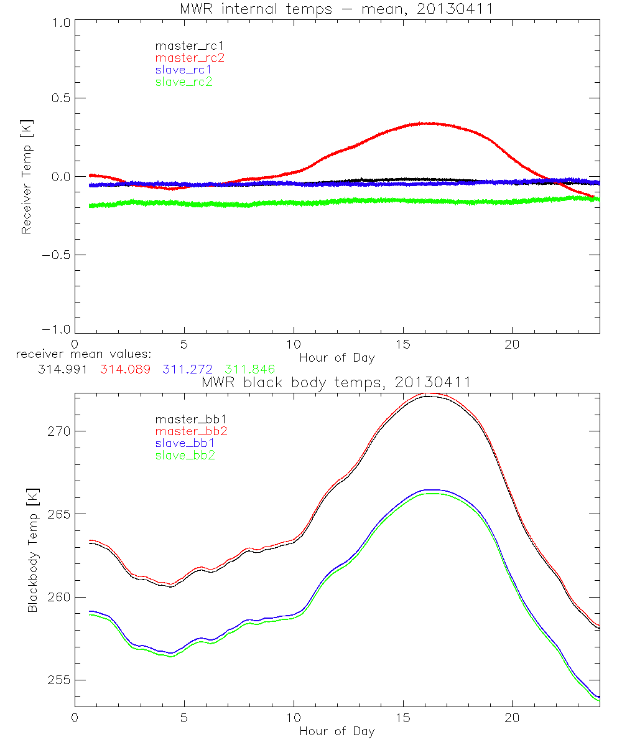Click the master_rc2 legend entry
(x=190, y=57)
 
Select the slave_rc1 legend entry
(x=183, y=69)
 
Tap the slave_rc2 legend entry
(x=183, y=81)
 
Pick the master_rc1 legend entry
(x=190, y=45)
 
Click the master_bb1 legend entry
(x=190, y=420)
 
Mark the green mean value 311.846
(x=250, y=369)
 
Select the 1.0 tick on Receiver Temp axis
(x=61, y=21)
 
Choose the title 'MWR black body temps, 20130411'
(x=337, y=383)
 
